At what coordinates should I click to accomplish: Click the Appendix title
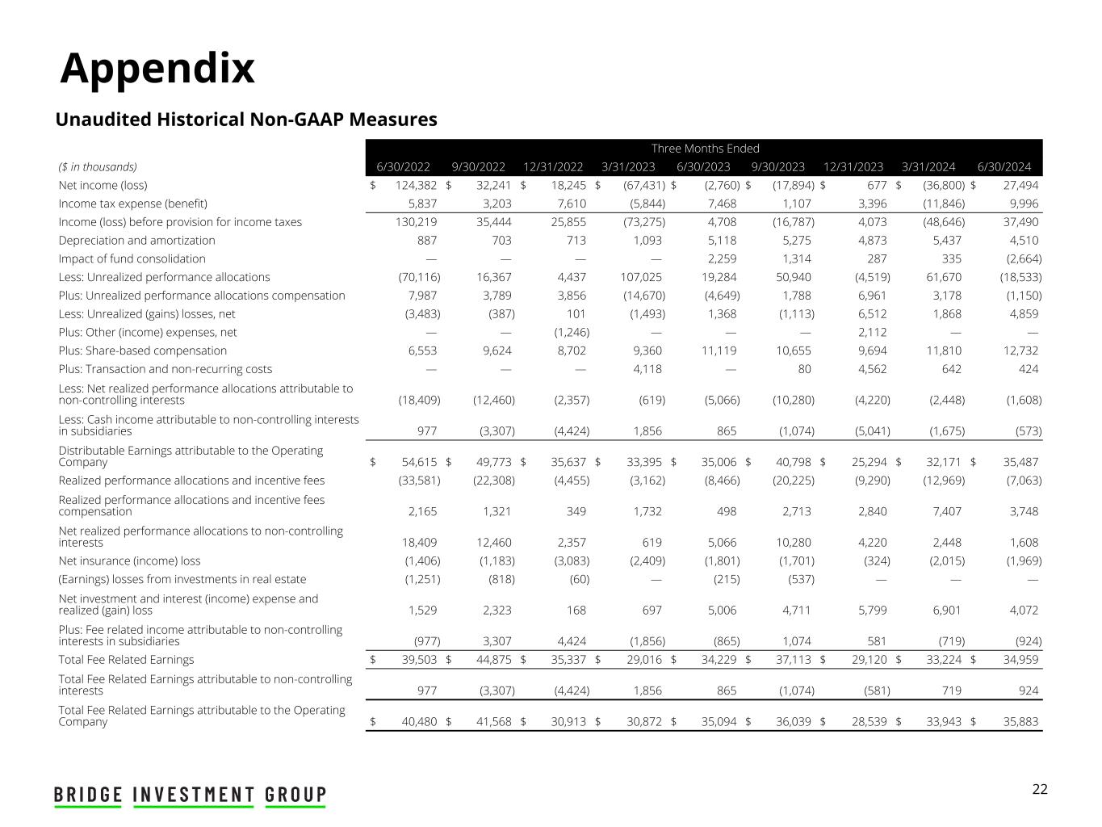[157, 68]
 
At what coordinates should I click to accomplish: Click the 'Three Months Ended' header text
[705, 149]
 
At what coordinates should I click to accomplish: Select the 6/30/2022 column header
[403, 167]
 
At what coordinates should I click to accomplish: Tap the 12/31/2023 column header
[853, 167]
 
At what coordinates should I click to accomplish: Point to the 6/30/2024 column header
[1004, 167]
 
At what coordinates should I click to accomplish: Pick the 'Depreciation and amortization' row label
[136, 241]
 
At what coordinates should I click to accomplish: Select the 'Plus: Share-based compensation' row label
[142, 351]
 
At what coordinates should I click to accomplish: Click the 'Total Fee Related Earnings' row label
[126, 660]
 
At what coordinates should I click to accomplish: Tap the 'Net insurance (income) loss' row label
[129, 561]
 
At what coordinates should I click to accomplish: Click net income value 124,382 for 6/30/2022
[416, 185]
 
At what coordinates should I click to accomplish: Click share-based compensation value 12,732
[1019, 351]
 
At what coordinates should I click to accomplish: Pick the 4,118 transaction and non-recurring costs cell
[646, 369]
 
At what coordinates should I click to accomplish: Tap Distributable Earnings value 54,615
[419, 462]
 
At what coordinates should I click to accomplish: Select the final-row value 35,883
[1019, 721]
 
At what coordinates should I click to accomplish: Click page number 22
[1040, 789]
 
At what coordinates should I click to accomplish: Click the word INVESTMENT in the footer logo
[194, 795]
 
